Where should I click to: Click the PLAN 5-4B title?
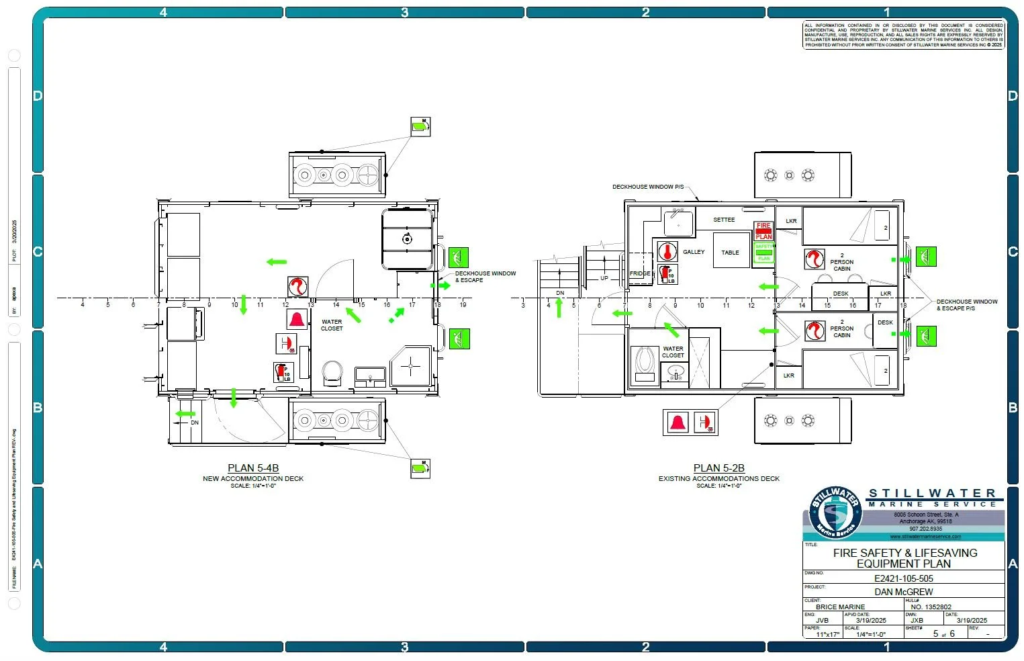coord(253,468)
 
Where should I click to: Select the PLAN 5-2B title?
coord(718,468)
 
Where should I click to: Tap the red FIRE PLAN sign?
coord(763,231)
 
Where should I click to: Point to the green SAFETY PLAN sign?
coord(763,253)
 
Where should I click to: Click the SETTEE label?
coord(724,220)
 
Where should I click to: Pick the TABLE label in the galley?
coord(730,253)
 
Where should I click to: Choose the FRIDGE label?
coord(640,273)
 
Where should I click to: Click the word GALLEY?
coord(694,252)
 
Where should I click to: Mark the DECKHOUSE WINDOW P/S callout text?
coord(648,187)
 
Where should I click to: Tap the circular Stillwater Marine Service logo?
coord(835,513)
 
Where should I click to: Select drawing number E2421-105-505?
coord(903,578)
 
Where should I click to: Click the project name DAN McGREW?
coord(903,592)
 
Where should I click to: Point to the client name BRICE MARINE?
coord(840,607)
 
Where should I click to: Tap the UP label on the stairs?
coord(604,278)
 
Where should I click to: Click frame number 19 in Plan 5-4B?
coord(463,305)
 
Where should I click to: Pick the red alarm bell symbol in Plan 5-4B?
coord(296,318)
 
